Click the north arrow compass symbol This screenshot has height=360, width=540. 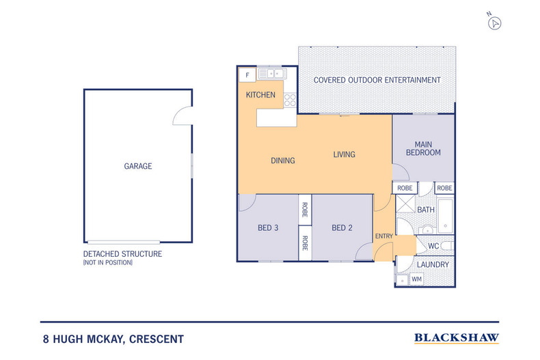pos(494,23)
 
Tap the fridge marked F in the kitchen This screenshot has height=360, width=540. pos(247,75)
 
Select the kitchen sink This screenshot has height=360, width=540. pos(273,73)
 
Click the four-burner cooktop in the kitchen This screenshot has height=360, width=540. pos(290,100)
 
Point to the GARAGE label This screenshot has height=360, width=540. pos(138,166)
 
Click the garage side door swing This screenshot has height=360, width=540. pos(183,115)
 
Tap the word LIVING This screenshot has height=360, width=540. pos(344,154)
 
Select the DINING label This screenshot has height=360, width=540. pos(283,161)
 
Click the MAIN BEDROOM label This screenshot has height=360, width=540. pos(423,148)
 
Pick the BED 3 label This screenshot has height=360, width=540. pos(268,228)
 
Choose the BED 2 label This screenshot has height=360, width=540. pos(342,228)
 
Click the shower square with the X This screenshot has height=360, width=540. pos(405,204)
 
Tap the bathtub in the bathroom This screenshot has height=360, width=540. pos(445,216)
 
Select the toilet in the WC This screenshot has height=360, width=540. pos(448,246)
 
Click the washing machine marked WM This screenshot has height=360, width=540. pos(416,279)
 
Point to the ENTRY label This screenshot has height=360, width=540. pos(384,236)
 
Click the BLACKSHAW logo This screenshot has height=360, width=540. pos(457,338)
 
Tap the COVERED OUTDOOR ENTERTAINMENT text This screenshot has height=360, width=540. pos(377,80)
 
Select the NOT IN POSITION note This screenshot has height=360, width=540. pos(108,262)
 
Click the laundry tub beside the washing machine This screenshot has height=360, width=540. pos(402,280)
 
